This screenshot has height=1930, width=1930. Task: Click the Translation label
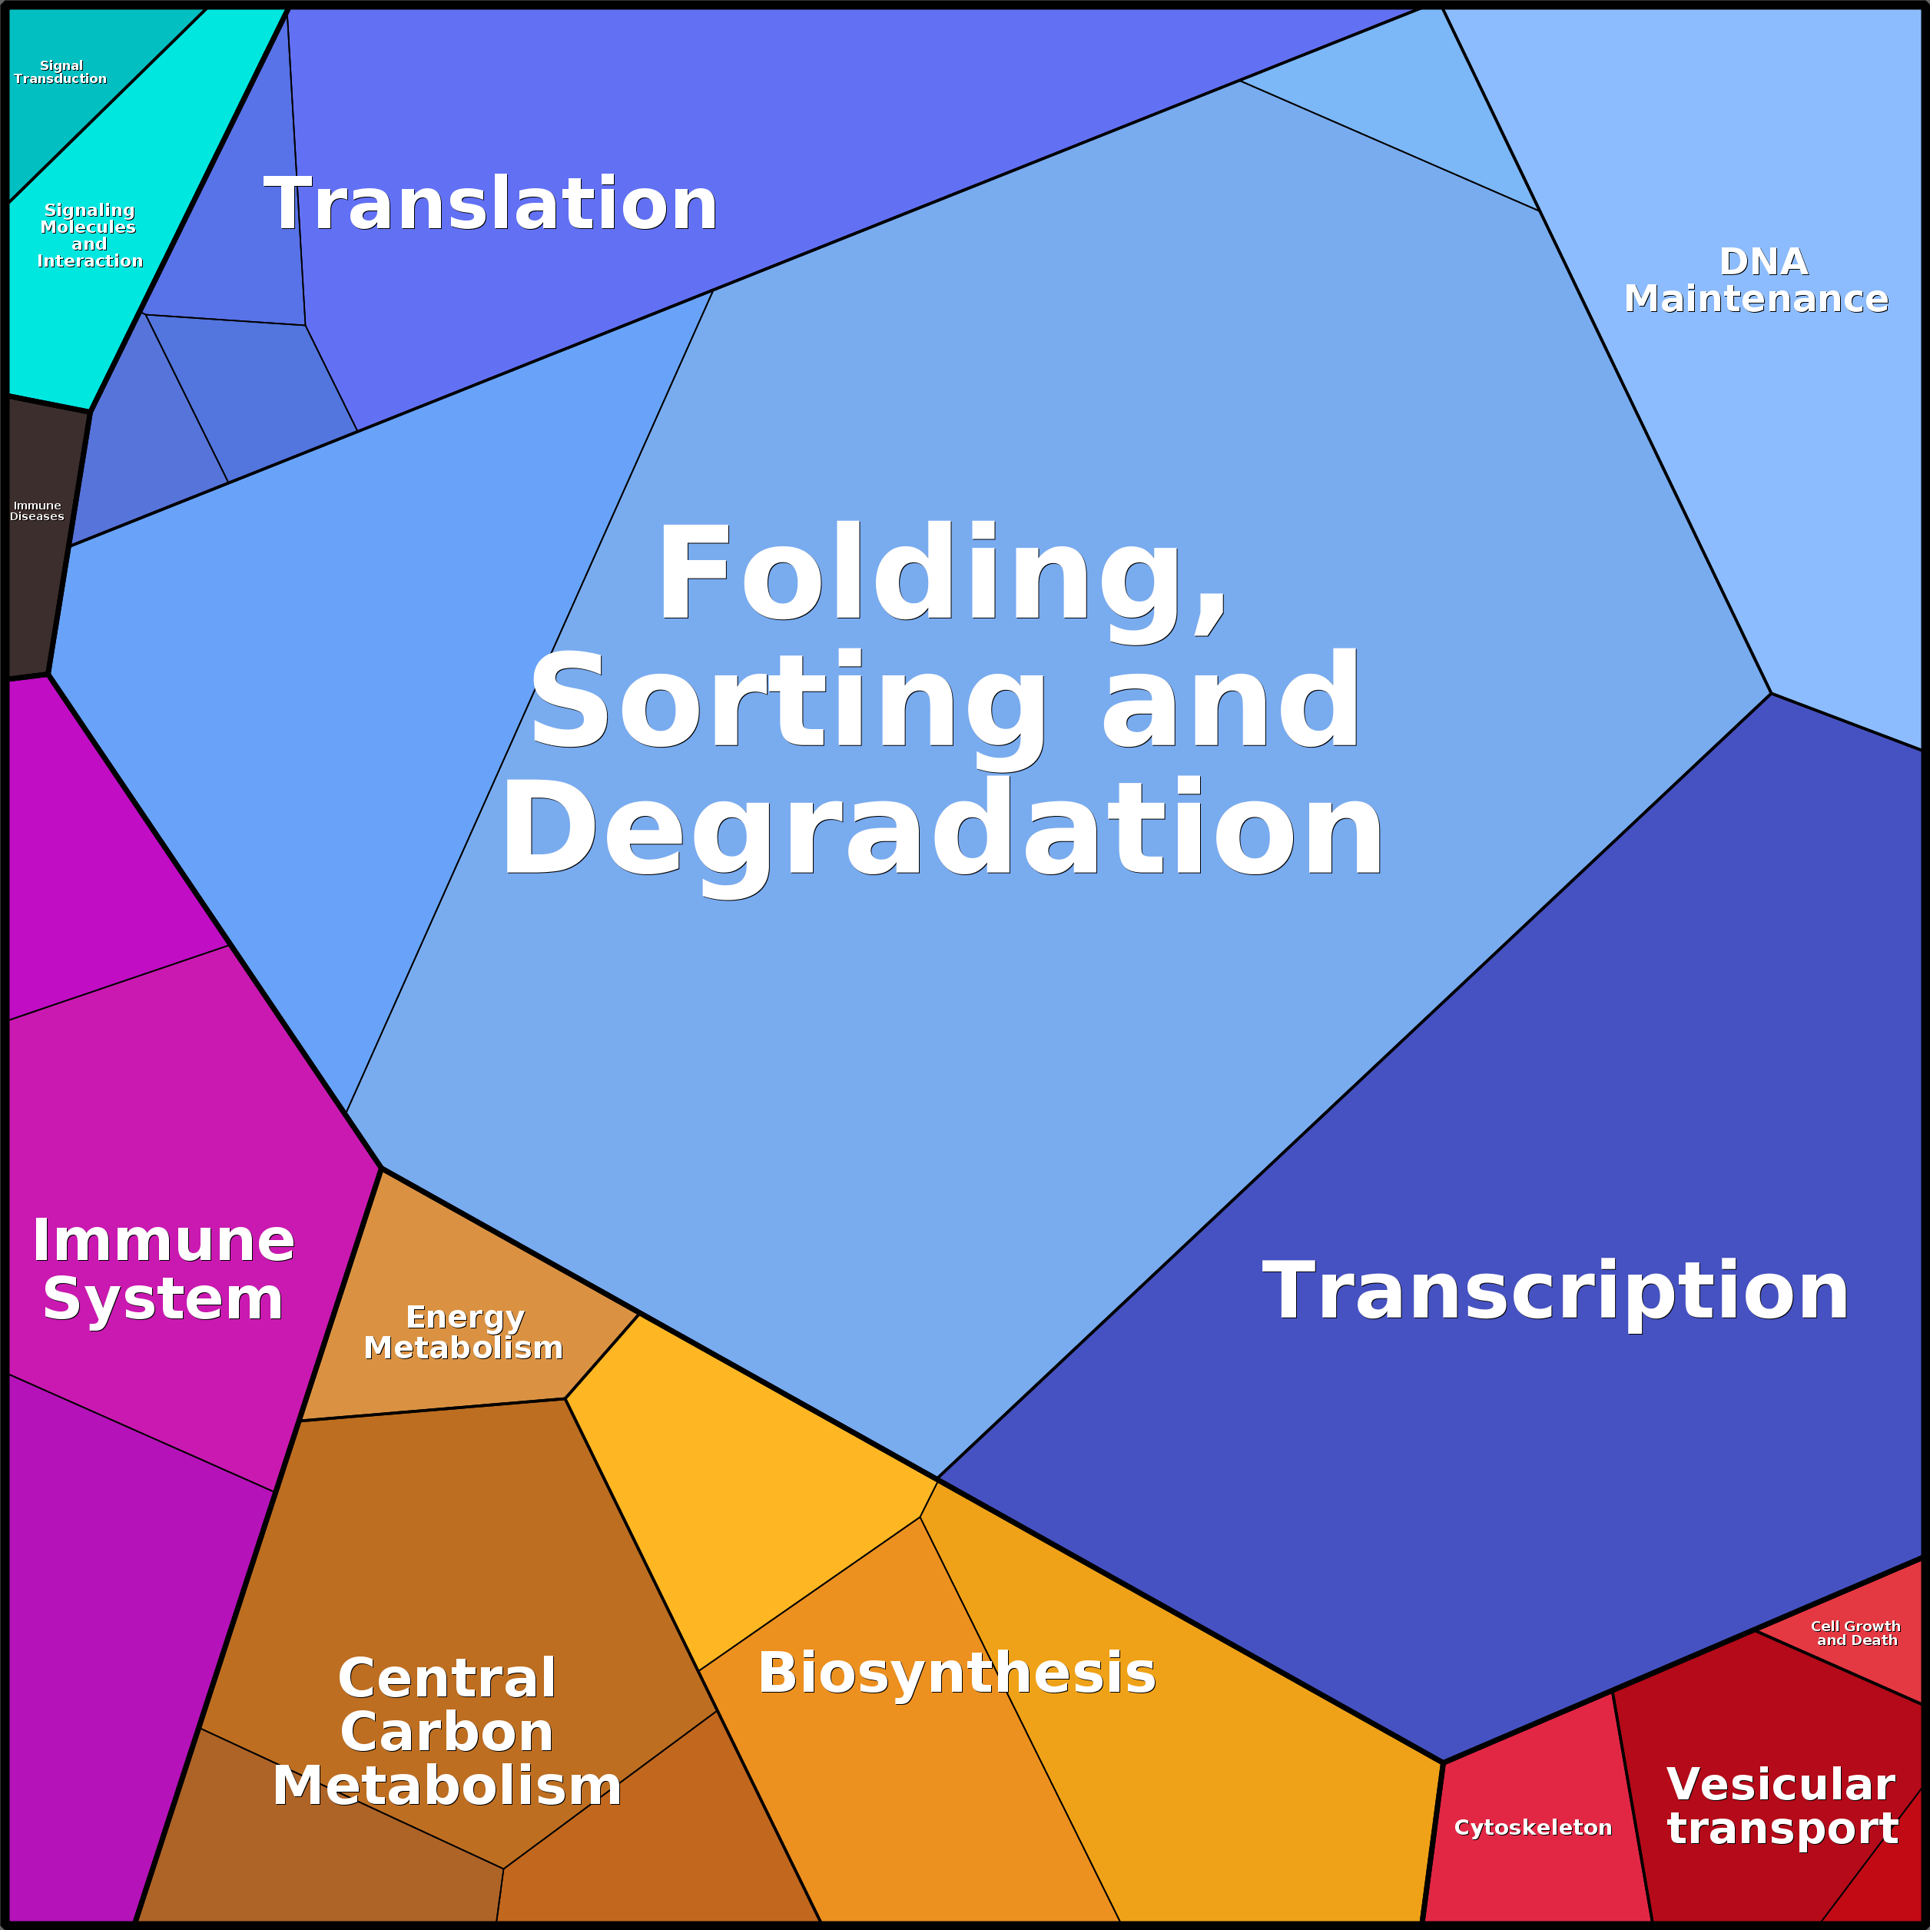coord(490,204)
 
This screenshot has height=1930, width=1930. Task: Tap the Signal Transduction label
coord(60,72)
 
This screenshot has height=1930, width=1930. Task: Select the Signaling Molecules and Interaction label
coord(90,235)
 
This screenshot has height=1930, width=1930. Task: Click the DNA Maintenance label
coord(1756,280)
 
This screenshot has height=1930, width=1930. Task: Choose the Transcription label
coord(1555,1291)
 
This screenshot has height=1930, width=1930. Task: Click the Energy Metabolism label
coord(463,1331)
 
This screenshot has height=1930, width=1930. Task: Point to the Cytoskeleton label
coord(1533,1827)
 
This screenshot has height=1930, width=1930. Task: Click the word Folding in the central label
coord(941,575)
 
